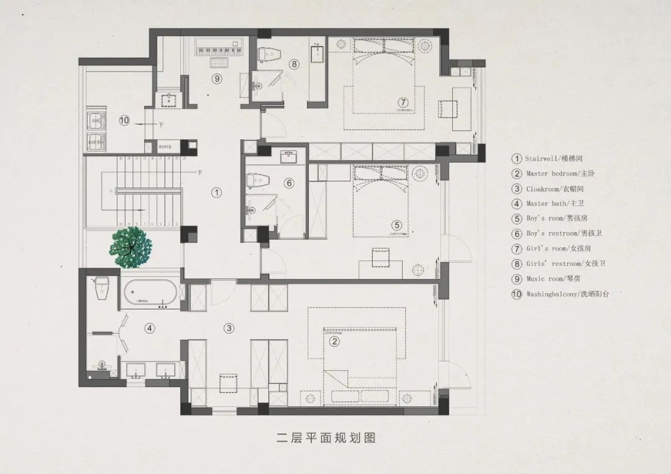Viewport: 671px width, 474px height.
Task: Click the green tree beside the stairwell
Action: tap(131, 247)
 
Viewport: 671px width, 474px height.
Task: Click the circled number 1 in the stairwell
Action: tap(216, 193)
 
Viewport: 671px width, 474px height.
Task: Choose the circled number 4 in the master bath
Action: tap(149, 327)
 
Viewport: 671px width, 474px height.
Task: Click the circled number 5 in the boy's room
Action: tap(397, 226)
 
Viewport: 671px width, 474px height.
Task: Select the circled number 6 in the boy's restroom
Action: tap(288, 183)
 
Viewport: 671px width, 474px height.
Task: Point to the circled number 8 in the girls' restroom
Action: tap(294, 63)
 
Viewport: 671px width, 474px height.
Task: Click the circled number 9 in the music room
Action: tap(216, 78)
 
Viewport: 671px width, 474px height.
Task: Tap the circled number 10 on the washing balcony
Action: tap(124, 121)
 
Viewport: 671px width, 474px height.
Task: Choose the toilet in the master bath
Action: tap(102, 286)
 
